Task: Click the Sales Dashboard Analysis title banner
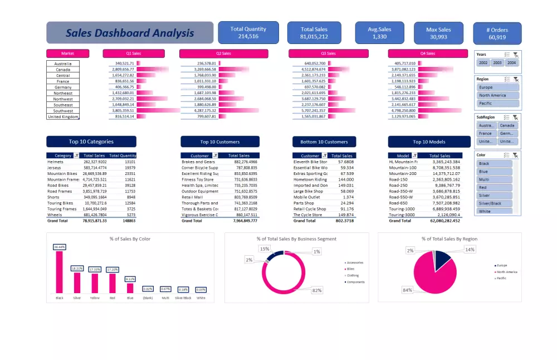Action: coord(130,33)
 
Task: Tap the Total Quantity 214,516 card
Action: coord(248,33)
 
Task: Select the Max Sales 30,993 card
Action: coord(438,33)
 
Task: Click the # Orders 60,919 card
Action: coord(497,33)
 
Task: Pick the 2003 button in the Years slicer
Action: coord(497,63)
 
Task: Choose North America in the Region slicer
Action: coord(498,95)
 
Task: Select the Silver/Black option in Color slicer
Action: coord(494,203)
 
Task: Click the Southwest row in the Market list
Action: coord(63,111)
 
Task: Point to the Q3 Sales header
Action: coord(329,53)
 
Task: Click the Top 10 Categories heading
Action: coord(91,142)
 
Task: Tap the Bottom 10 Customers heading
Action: coord(324,142)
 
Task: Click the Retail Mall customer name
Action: coord(193,197)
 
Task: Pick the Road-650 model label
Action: coord(399,203)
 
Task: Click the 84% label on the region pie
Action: coord(408,290)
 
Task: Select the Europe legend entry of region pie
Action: coord(501,265)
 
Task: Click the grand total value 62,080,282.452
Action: coord(440,221)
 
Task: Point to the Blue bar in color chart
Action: coord(130,288)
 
